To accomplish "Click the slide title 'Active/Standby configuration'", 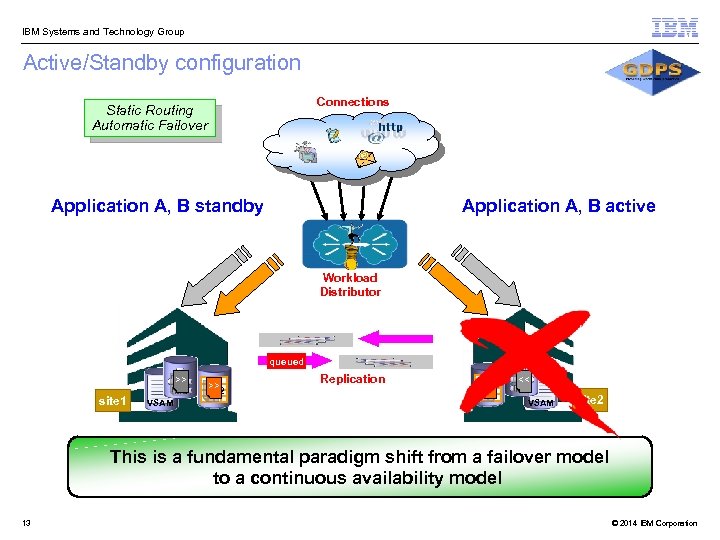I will point(161,63).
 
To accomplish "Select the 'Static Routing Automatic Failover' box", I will point(150,118).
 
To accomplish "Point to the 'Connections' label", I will point(352,102).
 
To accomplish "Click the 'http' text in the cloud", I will point(390,128).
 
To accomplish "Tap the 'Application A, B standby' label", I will point(157,206).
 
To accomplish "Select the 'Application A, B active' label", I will point(558,206).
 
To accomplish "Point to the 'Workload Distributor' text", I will point(350,285).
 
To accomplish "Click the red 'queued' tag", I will point(286,362).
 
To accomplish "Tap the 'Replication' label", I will point(352,379).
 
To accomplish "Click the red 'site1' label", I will point(112,401).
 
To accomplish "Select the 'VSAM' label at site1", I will point(160,403).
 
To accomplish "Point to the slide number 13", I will point(26,523).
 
